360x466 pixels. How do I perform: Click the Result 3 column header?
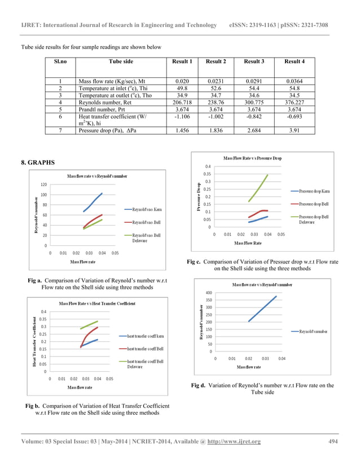click(x=253, y=61)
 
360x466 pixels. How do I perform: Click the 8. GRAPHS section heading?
click(x=38, y=162)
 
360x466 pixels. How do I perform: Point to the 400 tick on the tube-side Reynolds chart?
click(x=208, y=293)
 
